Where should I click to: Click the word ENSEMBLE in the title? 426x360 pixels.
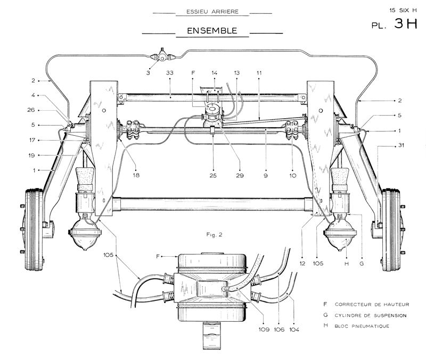pos(212,30)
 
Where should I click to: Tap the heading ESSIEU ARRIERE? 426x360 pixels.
pos(212,12)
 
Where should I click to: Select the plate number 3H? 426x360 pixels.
pos(406,23)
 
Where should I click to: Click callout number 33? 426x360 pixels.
pos(169,73)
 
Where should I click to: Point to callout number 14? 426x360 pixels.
pos(215,73)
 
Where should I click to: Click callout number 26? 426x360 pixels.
pos(31,110)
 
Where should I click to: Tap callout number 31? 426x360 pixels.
pos(401,145)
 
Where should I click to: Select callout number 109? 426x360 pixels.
pos(264,330)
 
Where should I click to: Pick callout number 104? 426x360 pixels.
pos(294,330)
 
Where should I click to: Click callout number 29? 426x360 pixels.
pos(240,176)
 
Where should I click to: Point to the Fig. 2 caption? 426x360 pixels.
pos(214,235)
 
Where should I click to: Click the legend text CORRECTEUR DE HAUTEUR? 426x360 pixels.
pos(372,305)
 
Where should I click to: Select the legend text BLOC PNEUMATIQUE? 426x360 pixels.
pos(362,326)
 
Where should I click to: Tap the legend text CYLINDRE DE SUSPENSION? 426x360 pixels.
pos(371,315)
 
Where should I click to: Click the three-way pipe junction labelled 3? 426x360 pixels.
pos(162,58)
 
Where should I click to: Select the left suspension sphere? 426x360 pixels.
pos(85,235)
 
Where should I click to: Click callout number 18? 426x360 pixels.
pos(136,175)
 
